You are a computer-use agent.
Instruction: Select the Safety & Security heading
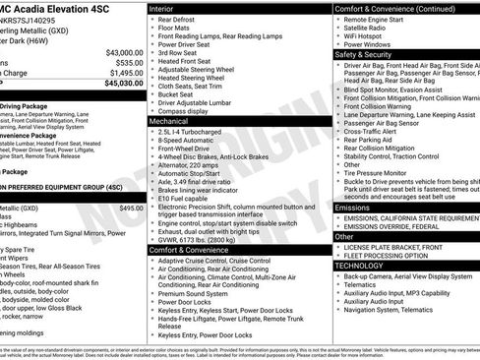(363, 55)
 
